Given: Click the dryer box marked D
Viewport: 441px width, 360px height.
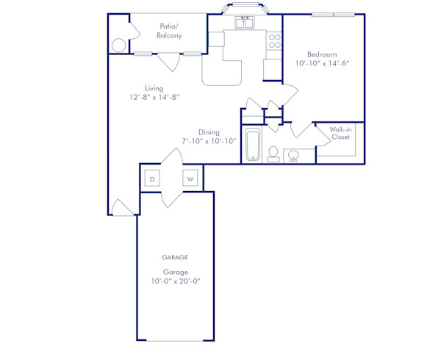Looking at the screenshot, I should pos(152,179).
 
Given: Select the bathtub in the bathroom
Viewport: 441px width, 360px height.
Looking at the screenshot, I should pos(252,145).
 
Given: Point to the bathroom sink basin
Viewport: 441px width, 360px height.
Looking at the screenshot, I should pos(293,156).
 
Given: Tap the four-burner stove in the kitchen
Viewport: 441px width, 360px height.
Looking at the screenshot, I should pos(274,40).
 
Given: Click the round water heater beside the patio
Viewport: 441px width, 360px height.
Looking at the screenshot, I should pos(119,45).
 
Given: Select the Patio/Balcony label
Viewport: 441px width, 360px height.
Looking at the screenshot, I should pos(169,30).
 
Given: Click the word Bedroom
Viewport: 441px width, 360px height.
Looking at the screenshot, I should pos(322,54).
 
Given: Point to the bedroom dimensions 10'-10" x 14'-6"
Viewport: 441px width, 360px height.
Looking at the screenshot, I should pos(322,64).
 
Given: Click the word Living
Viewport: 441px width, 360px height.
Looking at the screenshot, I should pos(154,88).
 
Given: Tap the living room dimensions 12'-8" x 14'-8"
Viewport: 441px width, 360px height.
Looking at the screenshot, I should pos(154,98).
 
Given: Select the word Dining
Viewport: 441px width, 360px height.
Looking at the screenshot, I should pos(209,132).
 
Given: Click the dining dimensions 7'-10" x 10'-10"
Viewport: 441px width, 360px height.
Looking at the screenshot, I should pos(209,141).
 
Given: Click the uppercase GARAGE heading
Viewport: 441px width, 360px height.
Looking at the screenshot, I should pos(175,258).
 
